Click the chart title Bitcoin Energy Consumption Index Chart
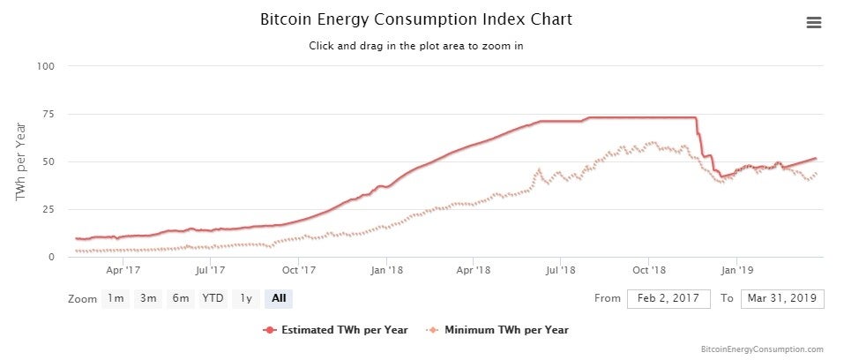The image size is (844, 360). tap(416, 19)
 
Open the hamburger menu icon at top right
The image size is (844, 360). tap(814, 23)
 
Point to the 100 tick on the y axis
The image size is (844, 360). tap(46, 66)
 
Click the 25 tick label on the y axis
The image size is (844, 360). tap(49, 209)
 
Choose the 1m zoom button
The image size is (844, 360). tap(116, 298)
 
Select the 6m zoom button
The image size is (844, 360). tap(181, 298)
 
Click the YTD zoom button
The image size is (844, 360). tap(213, 298)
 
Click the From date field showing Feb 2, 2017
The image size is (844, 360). tap(668, 298)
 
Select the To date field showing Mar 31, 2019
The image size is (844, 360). tap(782, 298)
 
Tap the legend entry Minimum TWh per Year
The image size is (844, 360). tap(498, 330)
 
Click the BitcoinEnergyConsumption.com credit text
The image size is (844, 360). tap(763, 349)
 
